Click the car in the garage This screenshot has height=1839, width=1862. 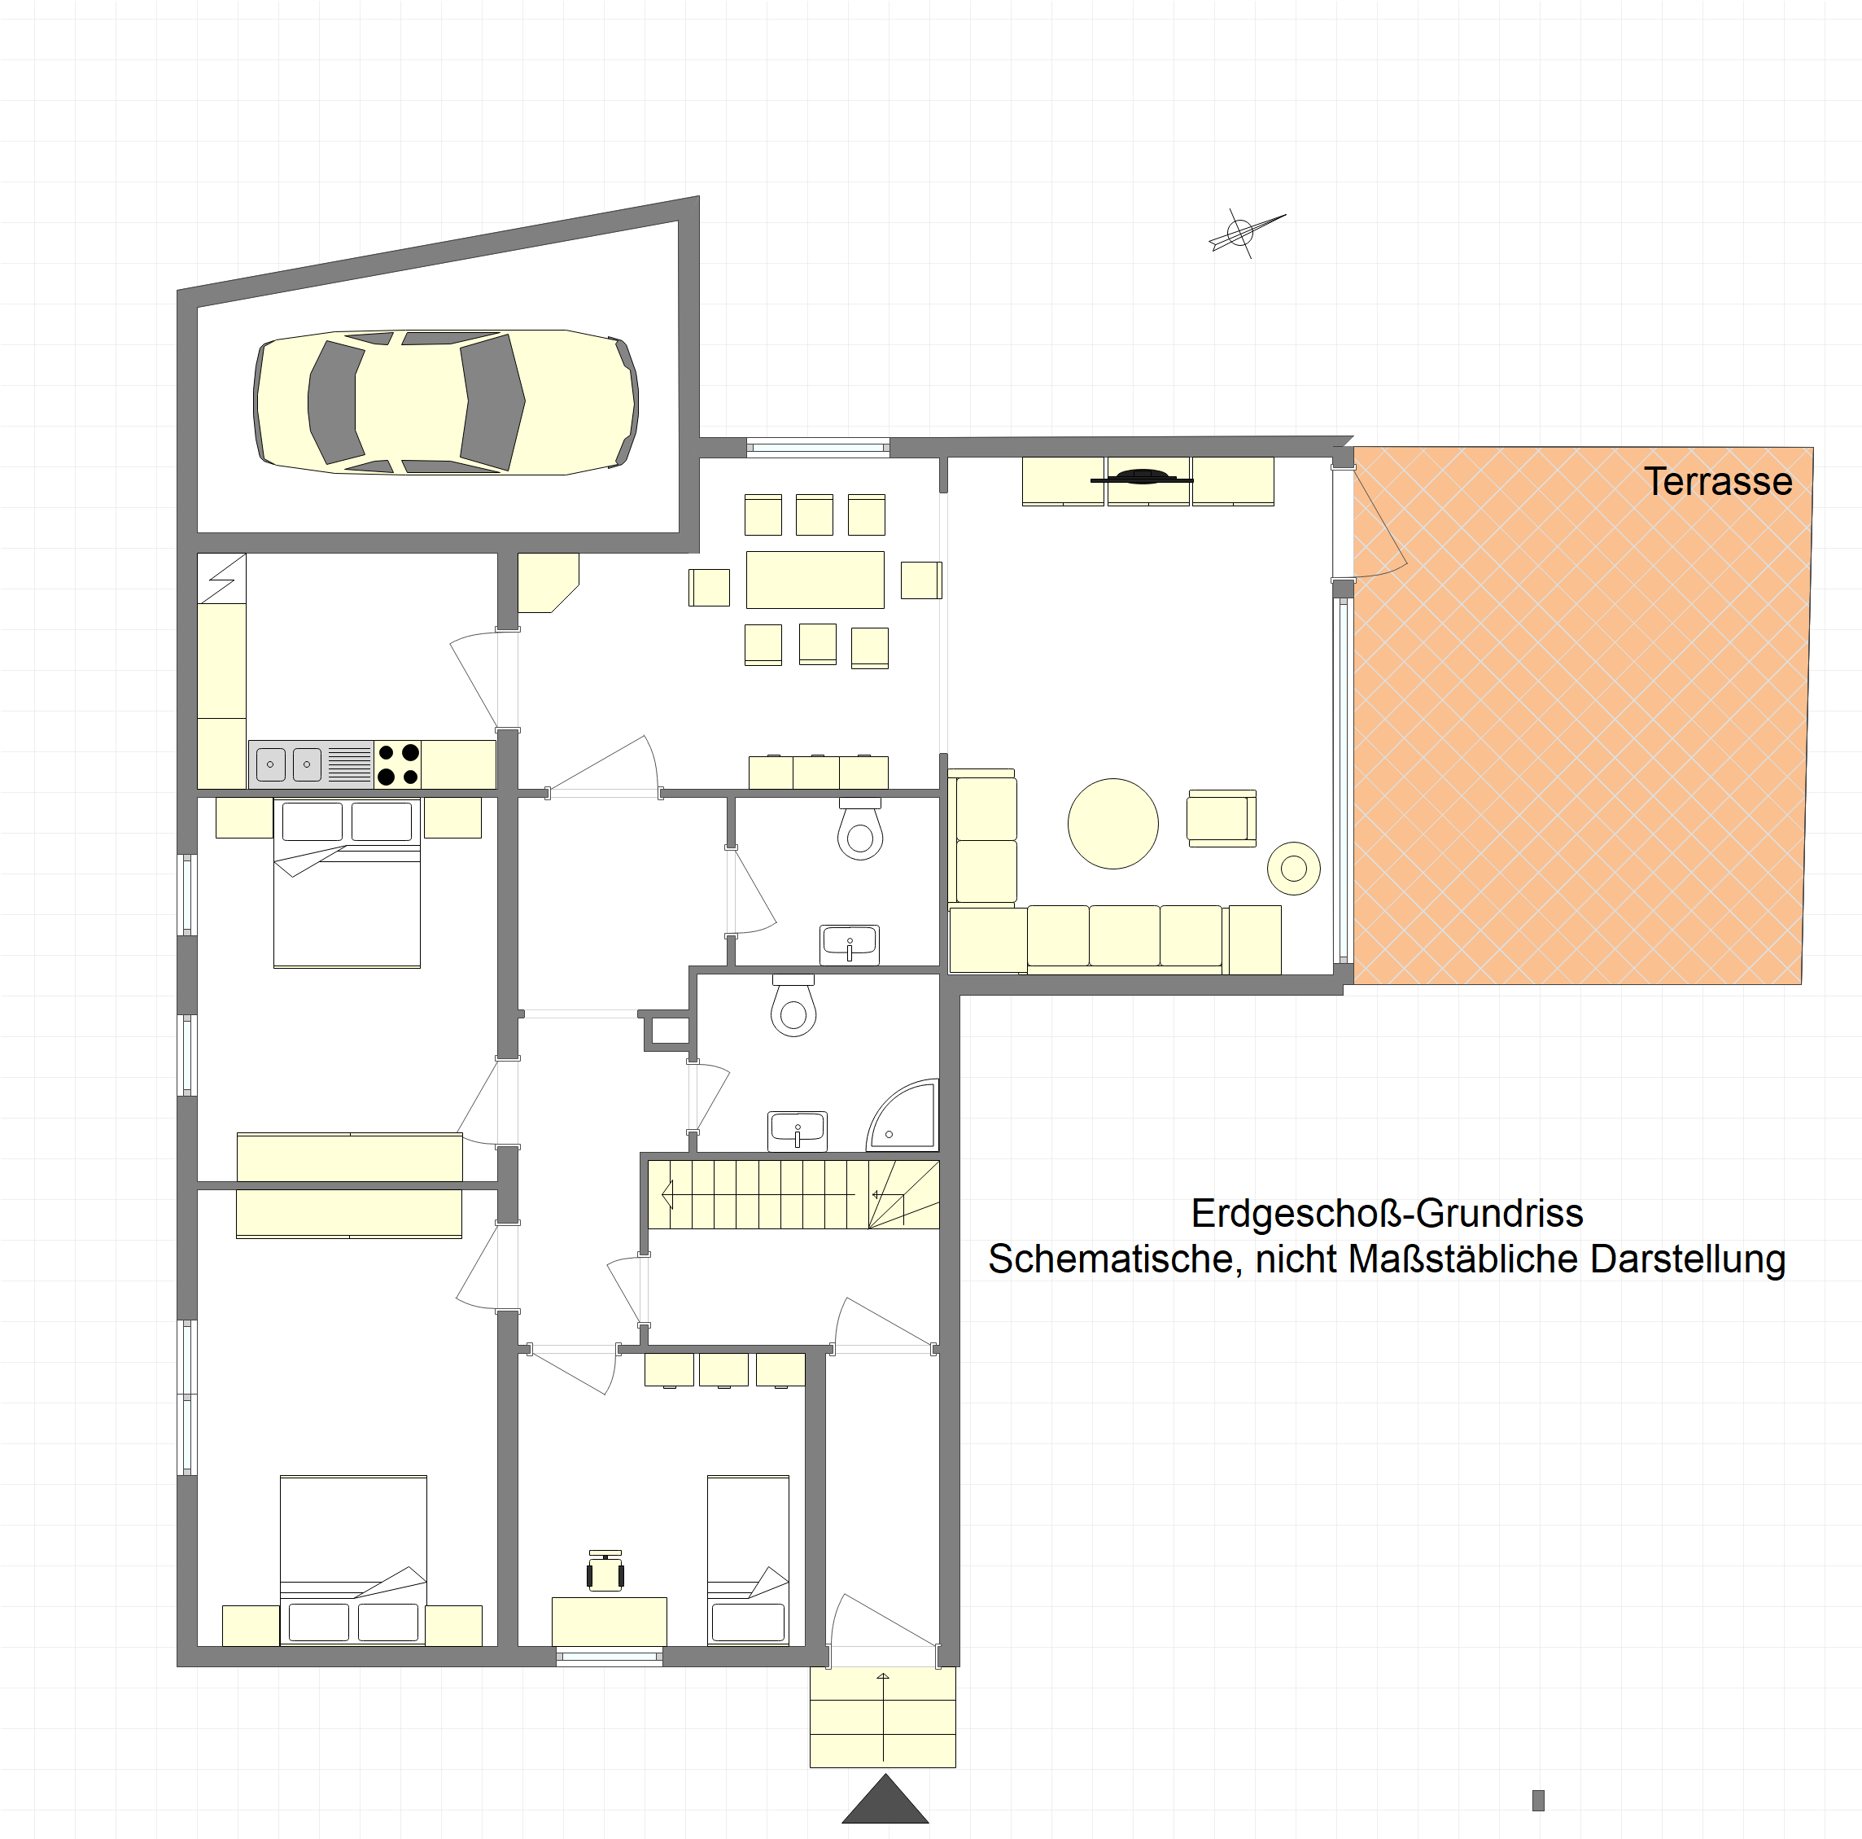[445, 402]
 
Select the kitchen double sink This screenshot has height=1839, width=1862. [289, 764]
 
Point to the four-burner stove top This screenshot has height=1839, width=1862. [398, 764]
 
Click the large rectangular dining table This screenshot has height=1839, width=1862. [815, 580]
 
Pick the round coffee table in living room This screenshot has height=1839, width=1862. [1113, 824]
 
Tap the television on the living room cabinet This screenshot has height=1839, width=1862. [1141, 477]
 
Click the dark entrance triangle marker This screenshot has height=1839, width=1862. [885, 1798]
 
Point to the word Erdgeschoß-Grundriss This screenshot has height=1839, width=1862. [1387, 1214]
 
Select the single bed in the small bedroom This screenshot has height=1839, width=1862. [748, 1560]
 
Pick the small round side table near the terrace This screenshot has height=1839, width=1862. [1293, 869]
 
